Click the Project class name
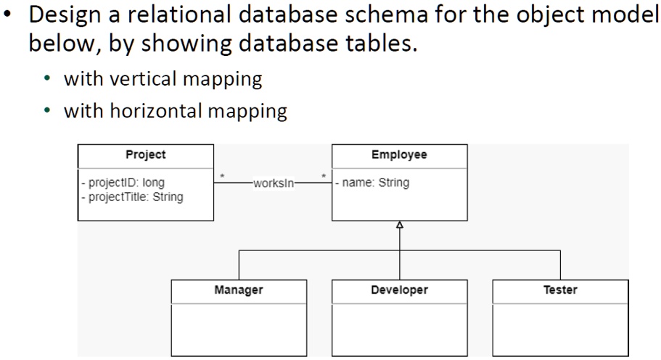click(145, 155)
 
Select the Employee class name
click(399, 155)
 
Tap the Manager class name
click(238, 290)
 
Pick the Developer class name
click(399, 290)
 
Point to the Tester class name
click(560, 290)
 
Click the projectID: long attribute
click(123, 183)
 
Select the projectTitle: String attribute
click(132, 196)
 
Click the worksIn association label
click(274, 184)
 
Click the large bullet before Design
click(10, 16)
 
